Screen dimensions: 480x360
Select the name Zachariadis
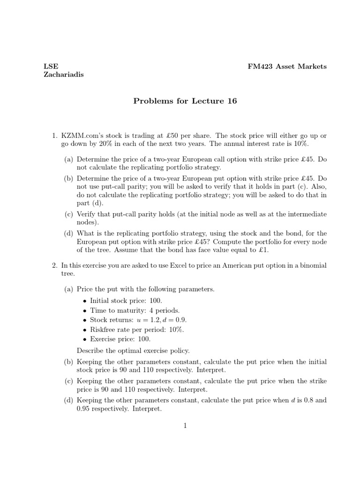pyautogui.click(x=64, y=75)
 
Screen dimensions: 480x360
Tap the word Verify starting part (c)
pyautogui.click(x=87, y=214)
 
